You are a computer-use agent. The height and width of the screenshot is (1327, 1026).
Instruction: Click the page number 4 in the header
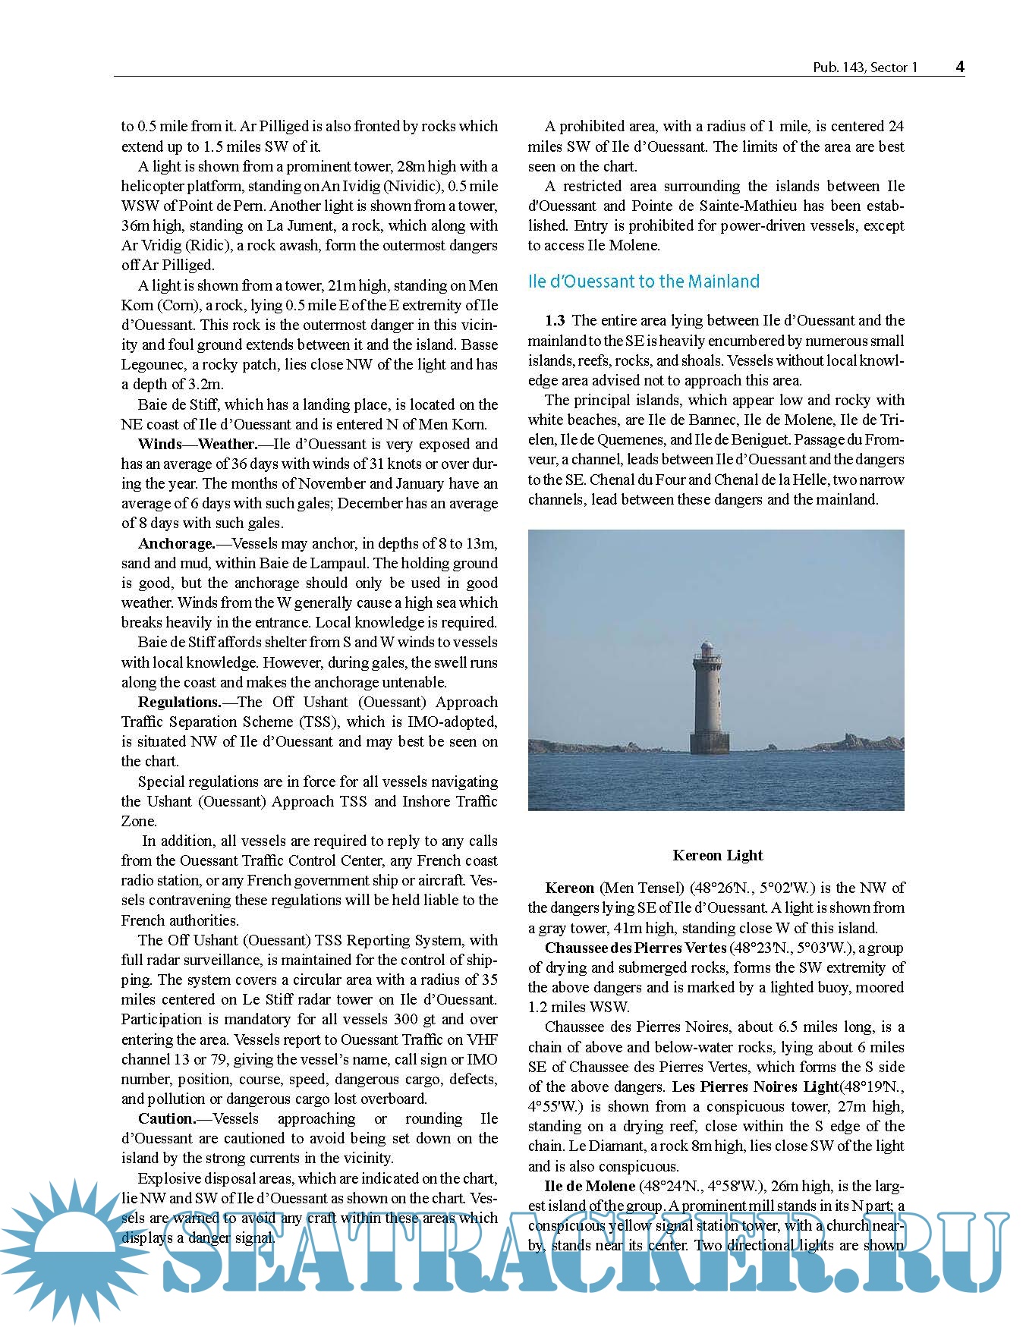pos(960,67)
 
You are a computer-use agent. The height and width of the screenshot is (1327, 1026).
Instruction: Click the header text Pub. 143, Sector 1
pos(865,68)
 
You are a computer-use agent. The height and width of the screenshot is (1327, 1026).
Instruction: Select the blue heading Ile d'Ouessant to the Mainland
pos(644,281)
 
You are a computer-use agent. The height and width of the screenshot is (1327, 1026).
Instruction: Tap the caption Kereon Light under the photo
pos(717,855)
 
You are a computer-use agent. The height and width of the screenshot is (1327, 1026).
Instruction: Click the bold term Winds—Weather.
pos(197,444)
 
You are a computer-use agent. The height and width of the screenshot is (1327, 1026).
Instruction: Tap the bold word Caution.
pos(167,1118)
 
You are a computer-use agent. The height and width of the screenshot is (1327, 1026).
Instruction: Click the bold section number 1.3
pos(555,320)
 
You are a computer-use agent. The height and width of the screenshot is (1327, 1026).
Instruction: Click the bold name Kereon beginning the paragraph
pos(569,888)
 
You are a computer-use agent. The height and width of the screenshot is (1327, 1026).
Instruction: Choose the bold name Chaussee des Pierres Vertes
pos(635,948)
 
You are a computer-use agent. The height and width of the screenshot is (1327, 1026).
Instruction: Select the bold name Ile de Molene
pos(590,1186)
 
